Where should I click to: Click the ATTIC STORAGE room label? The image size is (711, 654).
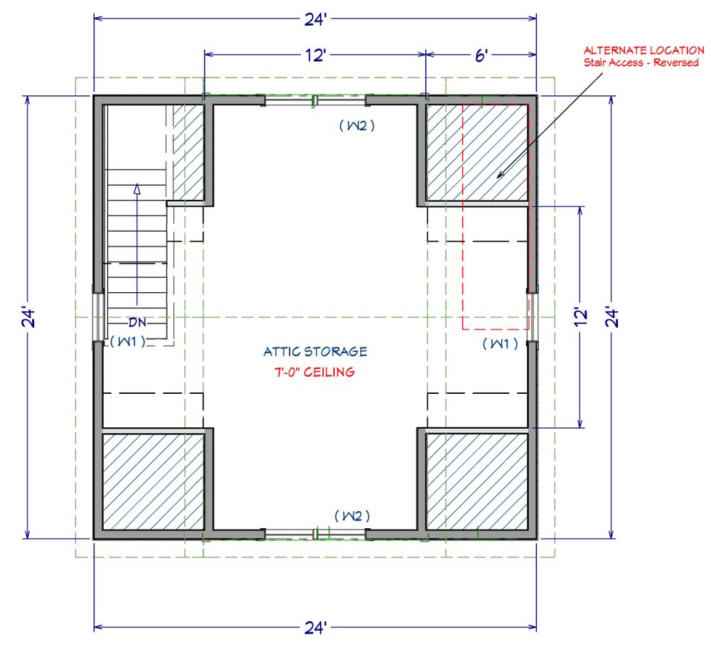coord(315,351)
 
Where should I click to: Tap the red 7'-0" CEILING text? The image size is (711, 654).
coord(315,372)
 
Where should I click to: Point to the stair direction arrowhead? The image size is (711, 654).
coord(138,188)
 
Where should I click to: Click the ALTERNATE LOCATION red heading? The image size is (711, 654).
coord(643,50)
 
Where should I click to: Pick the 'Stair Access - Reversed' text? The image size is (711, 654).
coord(643,63)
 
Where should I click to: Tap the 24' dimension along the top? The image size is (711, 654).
coord(314,20)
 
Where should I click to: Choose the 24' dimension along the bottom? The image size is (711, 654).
coord(314,628)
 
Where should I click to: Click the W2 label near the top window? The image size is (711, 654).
coord(356,126)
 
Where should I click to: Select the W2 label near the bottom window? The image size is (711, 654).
coord(353,515)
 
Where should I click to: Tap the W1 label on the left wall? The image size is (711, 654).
coord(128,342)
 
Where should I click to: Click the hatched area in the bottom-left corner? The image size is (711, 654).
coord(154,481)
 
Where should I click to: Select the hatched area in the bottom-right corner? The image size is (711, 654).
coord(477,481)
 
